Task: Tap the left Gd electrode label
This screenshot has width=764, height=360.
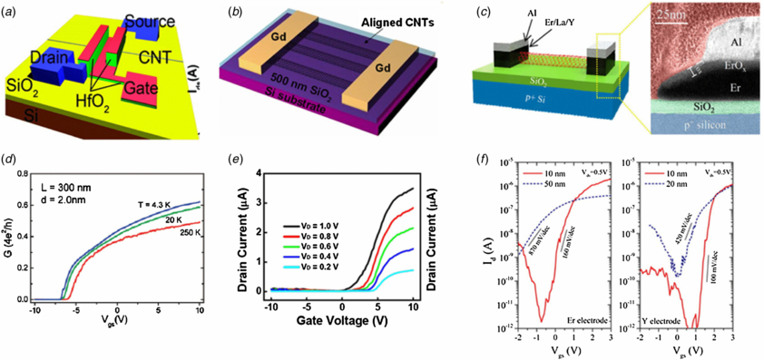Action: point(255,62)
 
